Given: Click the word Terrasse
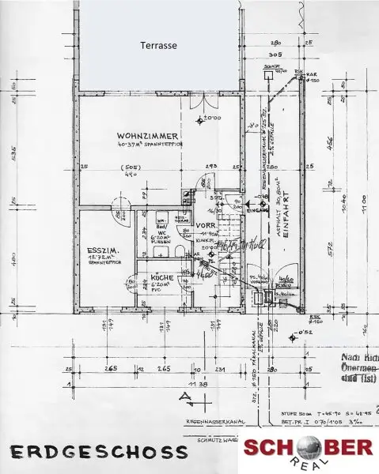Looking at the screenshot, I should tap(158, 46).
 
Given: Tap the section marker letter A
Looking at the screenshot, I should tap(184, 393).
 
